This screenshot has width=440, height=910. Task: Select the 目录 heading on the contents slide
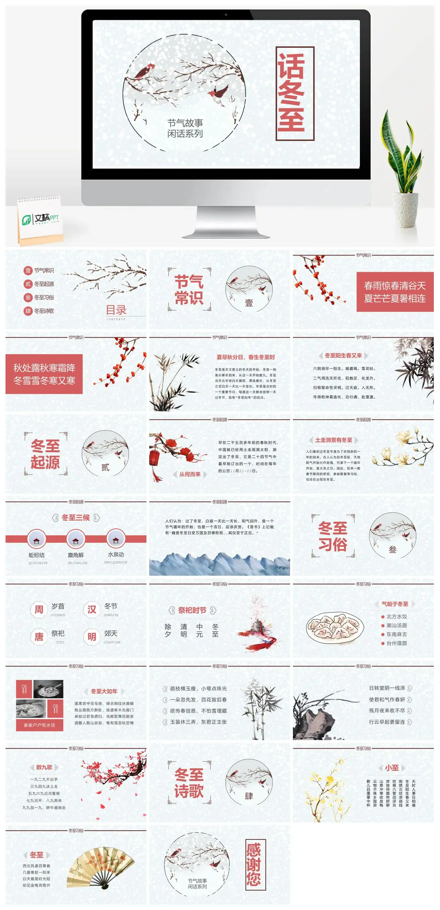coord(116,310)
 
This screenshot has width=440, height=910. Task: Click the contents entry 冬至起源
coord(44,284)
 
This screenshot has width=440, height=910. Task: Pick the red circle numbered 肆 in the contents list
coord(28,311)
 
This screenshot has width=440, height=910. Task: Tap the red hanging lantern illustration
coord(154,457)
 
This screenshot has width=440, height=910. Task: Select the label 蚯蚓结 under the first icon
coord(37,555)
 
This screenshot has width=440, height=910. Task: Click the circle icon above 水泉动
coord(116,539)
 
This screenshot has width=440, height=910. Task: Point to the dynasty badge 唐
coord(39,637)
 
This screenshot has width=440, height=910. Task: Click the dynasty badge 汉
coord(92,609)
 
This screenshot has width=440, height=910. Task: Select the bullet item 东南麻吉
coord(396,634)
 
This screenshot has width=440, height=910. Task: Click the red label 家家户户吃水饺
coord(40,725)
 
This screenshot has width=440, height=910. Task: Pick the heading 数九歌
coord(44,767)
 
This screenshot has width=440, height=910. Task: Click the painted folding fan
coord(101,867)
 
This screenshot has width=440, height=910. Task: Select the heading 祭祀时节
coord(192,610)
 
